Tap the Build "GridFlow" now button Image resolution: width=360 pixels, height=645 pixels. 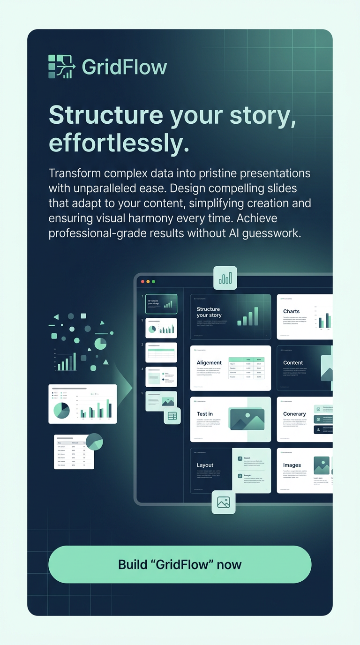coord(180,564)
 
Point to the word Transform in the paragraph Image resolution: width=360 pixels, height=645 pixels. coord(75,173)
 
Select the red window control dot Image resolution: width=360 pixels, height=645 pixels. coord(142,282)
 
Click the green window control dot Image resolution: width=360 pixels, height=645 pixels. coord(153,282)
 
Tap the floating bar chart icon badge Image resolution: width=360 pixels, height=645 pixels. coord(225,278)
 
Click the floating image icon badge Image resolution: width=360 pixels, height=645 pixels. coord(224,502)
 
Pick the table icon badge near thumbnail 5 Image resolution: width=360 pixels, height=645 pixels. coord(172,416)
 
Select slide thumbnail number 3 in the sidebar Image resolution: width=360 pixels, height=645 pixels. coord(161,352)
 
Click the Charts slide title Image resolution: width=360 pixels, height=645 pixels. coord(291,311)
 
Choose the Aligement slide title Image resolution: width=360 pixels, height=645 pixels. coord(209,362)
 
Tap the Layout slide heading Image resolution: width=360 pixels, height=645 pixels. coord(205,465)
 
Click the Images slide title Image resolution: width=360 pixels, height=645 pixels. coord(292,465)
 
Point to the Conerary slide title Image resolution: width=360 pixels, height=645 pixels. coord(294,414)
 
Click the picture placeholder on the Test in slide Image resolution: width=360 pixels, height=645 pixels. coord(247,419)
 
